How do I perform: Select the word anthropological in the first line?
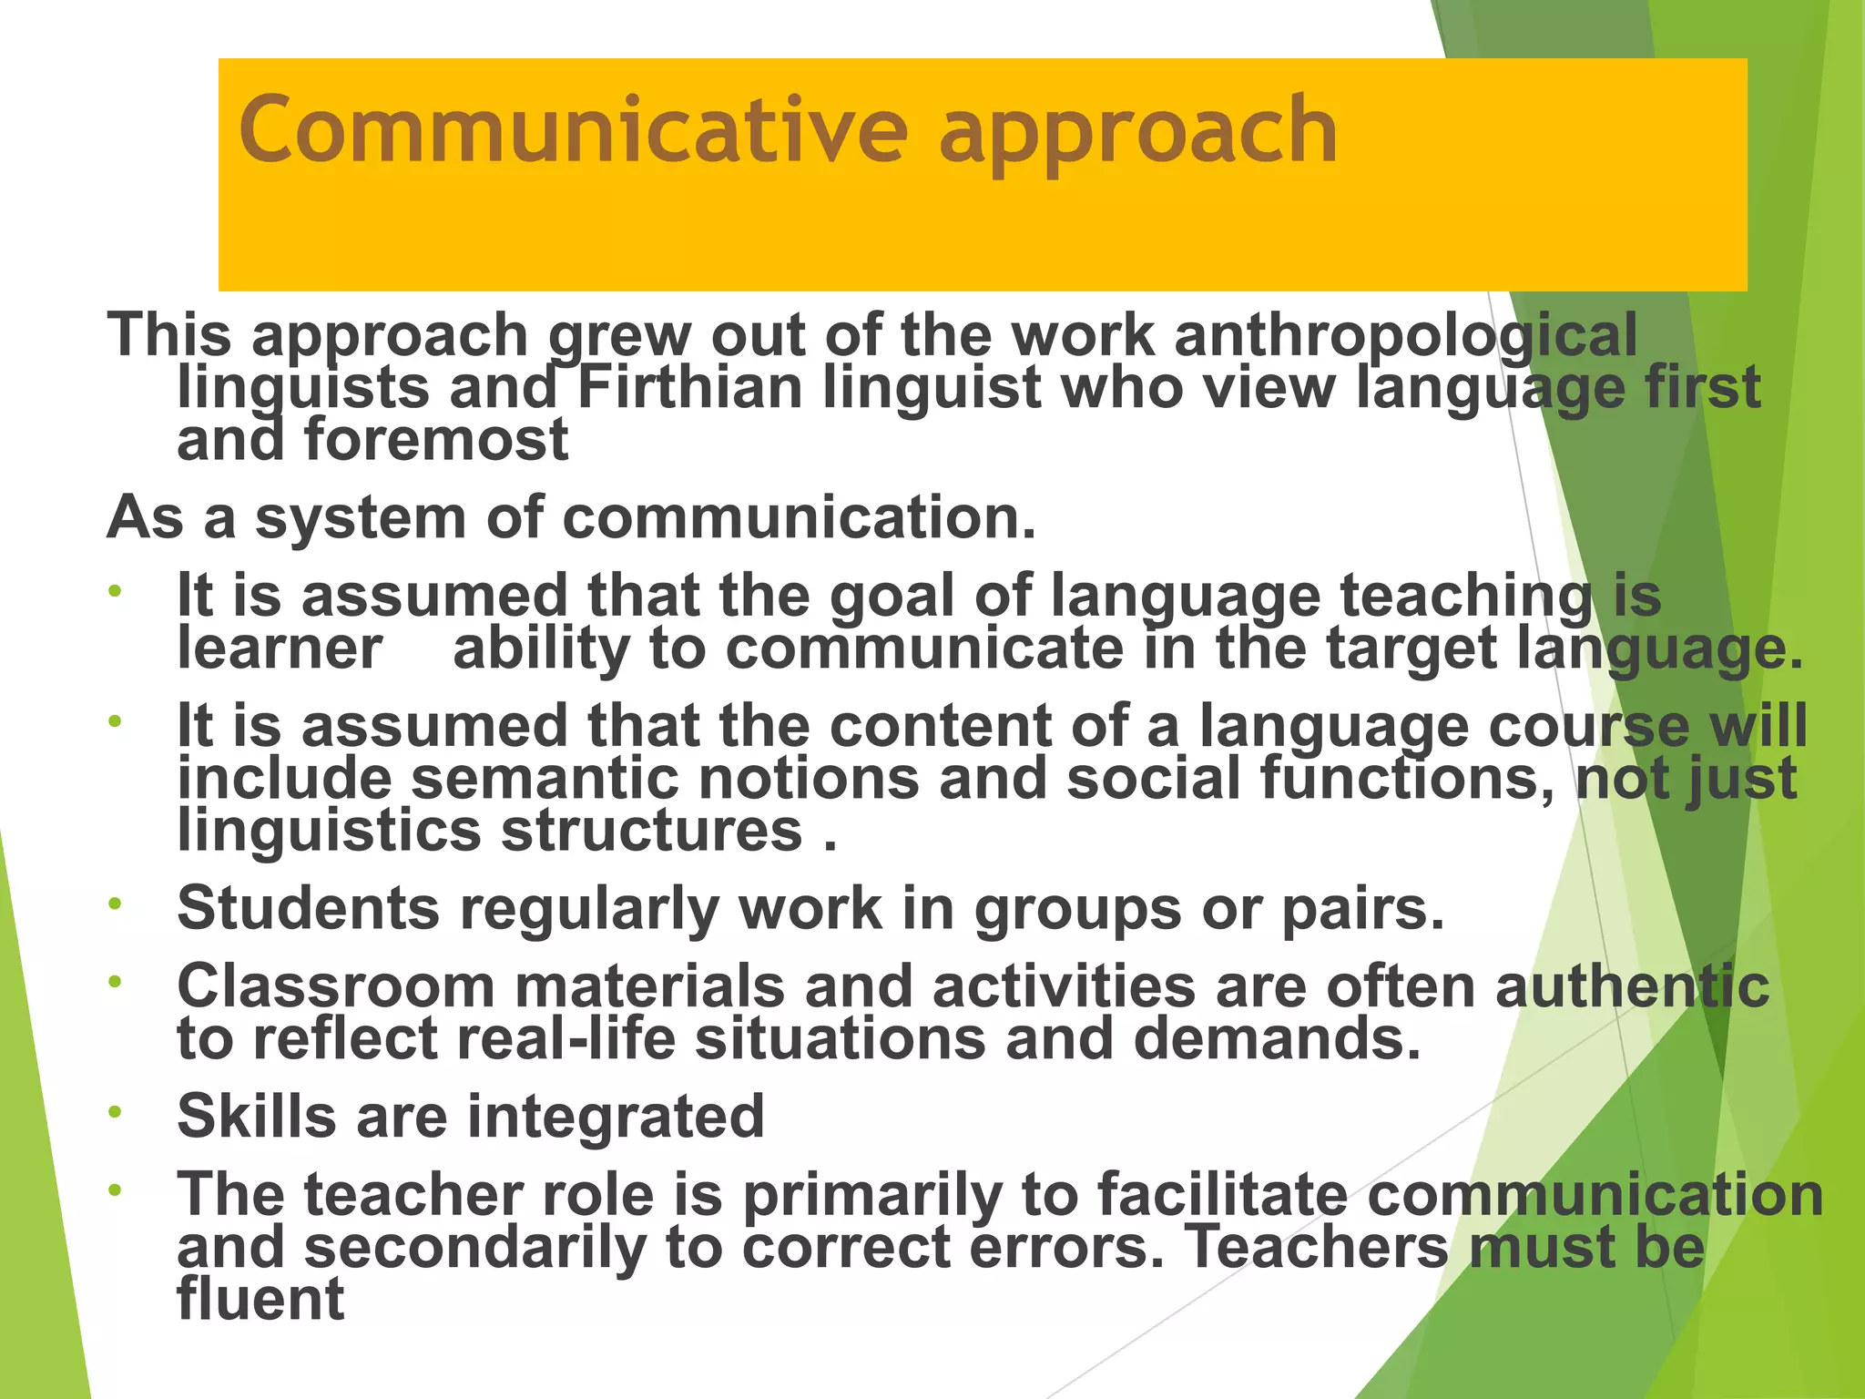click(1406, 335)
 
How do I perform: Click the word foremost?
click(436, 440)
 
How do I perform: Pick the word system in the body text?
click(361, 518)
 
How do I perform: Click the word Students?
click(309, 908)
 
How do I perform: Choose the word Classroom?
click(335, 986)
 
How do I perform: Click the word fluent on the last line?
click(260, 1299)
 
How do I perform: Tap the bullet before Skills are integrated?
click(115, 1112)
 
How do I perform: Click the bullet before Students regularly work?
click(115, 904)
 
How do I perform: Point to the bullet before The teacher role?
click(115, 1190)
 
